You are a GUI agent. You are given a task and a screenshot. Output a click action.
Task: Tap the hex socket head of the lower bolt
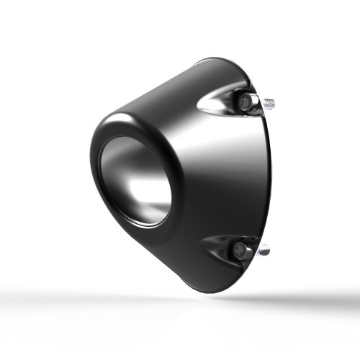click(x=239, y=250)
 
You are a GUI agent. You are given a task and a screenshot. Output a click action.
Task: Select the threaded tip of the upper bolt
click(x=269, y=104)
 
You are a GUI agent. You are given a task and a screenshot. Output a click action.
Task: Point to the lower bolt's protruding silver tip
click(x=263, y=251)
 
